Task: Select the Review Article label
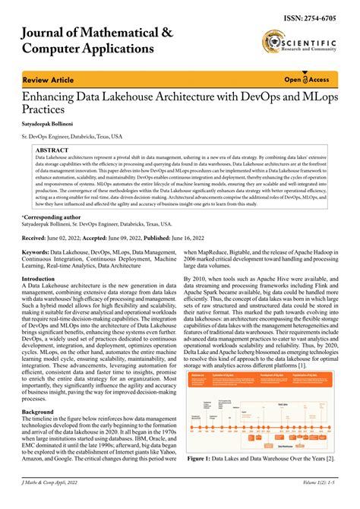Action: click(48, 80)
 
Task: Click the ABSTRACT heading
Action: click(52, 151)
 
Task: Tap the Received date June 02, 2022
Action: click(77, 238)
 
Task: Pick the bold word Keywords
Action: click(41, 251)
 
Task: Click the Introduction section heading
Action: click(43, 280)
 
